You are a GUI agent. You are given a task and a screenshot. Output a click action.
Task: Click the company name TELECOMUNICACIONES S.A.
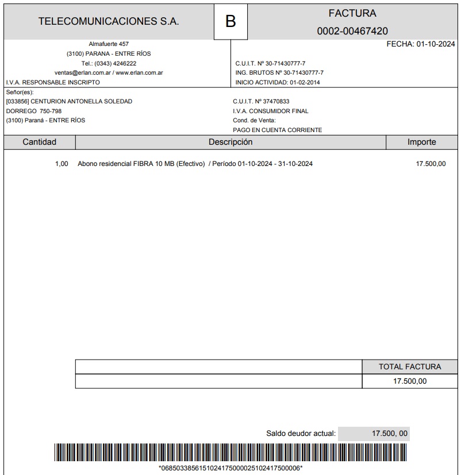(x=109, y=21)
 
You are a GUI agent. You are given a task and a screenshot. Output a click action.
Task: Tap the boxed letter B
(x=230, y=22)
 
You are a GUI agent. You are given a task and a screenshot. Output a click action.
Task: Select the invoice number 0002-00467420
(x=352, y=31)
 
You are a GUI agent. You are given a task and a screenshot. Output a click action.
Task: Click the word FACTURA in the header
(x=352, y=13)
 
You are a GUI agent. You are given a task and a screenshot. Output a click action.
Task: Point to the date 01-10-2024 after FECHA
(x=436, y=44)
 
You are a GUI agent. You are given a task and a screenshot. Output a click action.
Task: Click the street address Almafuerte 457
(x=109, y=44)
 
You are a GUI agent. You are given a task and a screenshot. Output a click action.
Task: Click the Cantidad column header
(x=39, y=142)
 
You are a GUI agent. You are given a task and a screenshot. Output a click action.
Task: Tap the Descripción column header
(x=230, y=142)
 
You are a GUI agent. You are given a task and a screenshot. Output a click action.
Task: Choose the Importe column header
(x=421, y=142)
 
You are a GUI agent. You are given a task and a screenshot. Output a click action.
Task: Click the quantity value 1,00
(x=62, y=164)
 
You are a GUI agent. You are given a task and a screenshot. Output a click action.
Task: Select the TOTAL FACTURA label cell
(x=410, y=366)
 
